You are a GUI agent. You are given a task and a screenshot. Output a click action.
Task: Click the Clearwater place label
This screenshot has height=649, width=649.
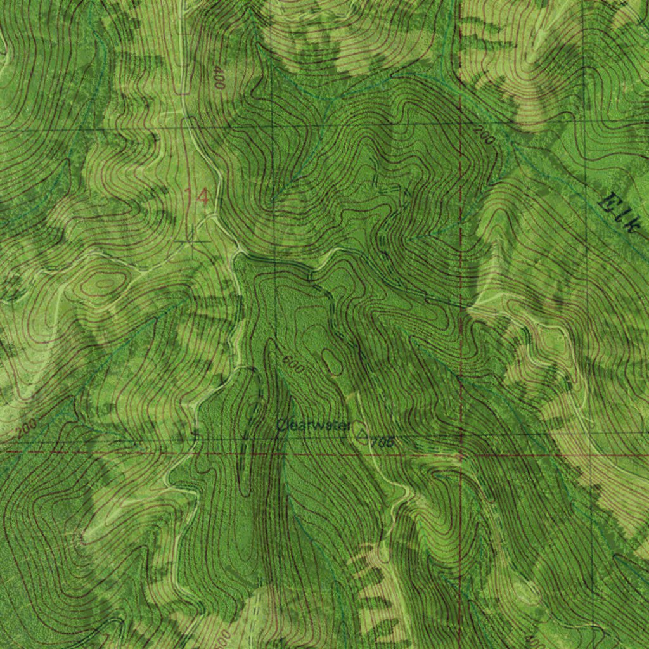pyautogui.click(x=313, y=425)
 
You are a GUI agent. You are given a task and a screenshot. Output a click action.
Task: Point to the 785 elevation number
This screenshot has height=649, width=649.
pyautogui.click(x=383, y=442)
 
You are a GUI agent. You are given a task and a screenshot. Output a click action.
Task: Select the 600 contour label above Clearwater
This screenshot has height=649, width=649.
pyautogui.click(x=293, y=364)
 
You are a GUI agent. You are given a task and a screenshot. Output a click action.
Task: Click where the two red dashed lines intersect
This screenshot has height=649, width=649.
pyautogui.click(x=461, y=455)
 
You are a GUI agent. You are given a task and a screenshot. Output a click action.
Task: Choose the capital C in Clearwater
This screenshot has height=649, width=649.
pyautogui.click(x=281, y=425)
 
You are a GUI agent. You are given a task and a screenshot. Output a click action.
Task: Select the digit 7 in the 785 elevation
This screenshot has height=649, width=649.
pyautogui.click(x=375, y=442)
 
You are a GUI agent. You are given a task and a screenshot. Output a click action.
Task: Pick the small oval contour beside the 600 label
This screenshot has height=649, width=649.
pyautogui.click(x=331, y=362)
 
